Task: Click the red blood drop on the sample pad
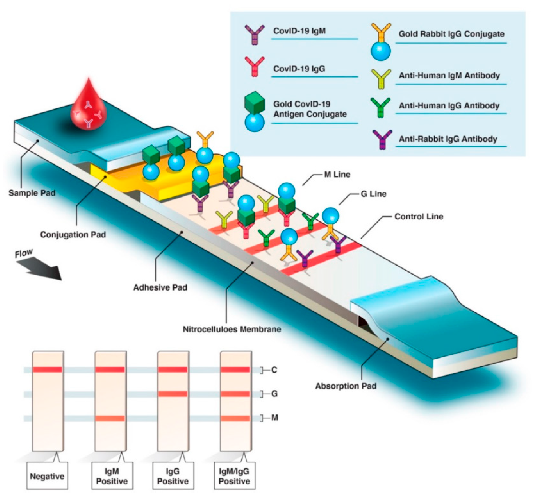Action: point(88,108)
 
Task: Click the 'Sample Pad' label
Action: point(32,193)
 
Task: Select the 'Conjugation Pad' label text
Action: point(73,235)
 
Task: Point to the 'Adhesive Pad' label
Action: point(160,287)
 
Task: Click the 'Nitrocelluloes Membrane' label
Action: point(232,329)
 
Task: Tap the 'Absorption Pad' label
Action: point(346,386)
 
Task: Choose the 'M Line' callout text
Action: point(337,175)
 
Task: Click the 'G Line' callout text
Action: point(373,194)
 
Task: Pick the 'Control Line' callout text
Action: point(418,217)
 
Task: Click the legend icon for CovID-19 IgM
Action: point(254,35)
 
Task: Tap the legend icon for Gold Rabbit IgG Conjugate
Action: point(381,42)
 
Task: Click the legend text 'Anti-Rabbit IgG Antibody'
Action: point(448,139)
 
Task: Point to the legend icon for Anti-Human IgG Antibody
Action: point(380,107)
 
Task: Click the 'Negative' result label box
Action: point(47,476)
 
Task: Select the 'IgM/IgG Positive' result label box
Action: point(234,476)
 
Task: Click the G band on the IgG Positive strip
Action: point(173,394)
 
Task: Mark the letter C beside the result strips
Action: point(274,370)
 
